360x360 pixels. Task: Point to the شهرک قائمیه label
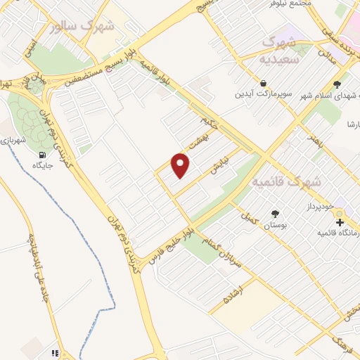coord(286,181)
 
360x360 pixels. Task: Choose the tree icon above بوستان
coord(274,214)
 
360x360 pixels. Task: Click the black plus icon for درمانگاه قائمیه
coord(340,222)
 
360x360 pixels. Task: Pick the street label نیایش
coord(222,166)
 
